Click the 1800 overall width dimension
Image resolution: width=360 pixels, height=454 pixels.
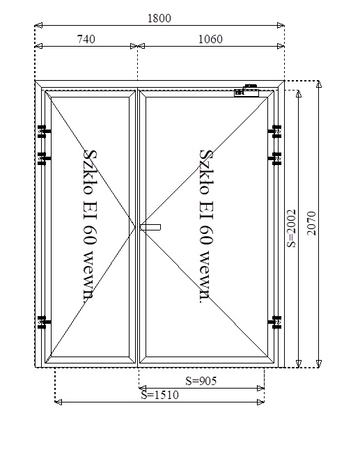(x=159, y=18)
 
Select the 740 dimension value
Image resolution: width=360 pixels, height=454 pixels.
(x=86, y=39)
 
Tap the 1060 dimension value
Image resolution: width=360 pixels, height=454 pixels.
(x=210, y=39)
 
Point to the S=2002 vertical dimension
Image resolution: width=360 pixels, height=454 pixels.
(x=291, y=228)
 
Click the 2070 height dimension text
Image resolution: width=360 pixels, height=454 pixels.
(x=311, y=224)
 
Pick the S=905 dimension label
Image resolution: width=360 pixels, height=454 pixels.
(x=201, y=381)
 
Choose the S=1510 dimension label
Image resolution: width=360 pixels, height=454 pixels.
(x=160, y=395)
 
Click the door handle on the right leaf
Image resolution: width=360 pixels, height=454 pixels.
(x=150, y=227)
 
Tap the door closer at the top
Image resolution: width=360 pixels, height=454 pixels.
(x=246, y=91)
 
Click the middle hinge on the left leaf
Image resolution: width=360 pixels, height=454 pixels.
(x=44, y=159)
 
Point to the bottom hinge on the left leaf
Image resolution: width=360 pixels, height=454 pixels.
(x=44, y=322)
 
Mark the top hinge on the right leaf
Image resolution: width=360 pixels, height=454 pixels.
(x=275, y=132)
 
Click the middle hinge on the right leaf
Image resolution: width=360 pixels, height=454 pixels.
(x=275, y=159)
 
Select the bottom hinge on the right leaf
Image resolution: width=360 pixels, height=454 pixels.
(x=275, y=322)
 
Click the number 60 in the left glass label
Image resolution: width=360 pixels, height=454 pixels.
(x=88, y=234)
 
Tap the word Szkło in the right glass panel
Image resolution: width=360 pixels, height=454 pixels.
(x=205, y=172)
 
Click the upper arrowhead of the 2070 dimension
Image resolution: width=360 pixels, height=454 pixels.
(x=319, y=84)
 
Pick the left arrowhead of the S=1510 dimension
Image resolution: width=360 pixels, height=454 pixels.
(x=58, y=402)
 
